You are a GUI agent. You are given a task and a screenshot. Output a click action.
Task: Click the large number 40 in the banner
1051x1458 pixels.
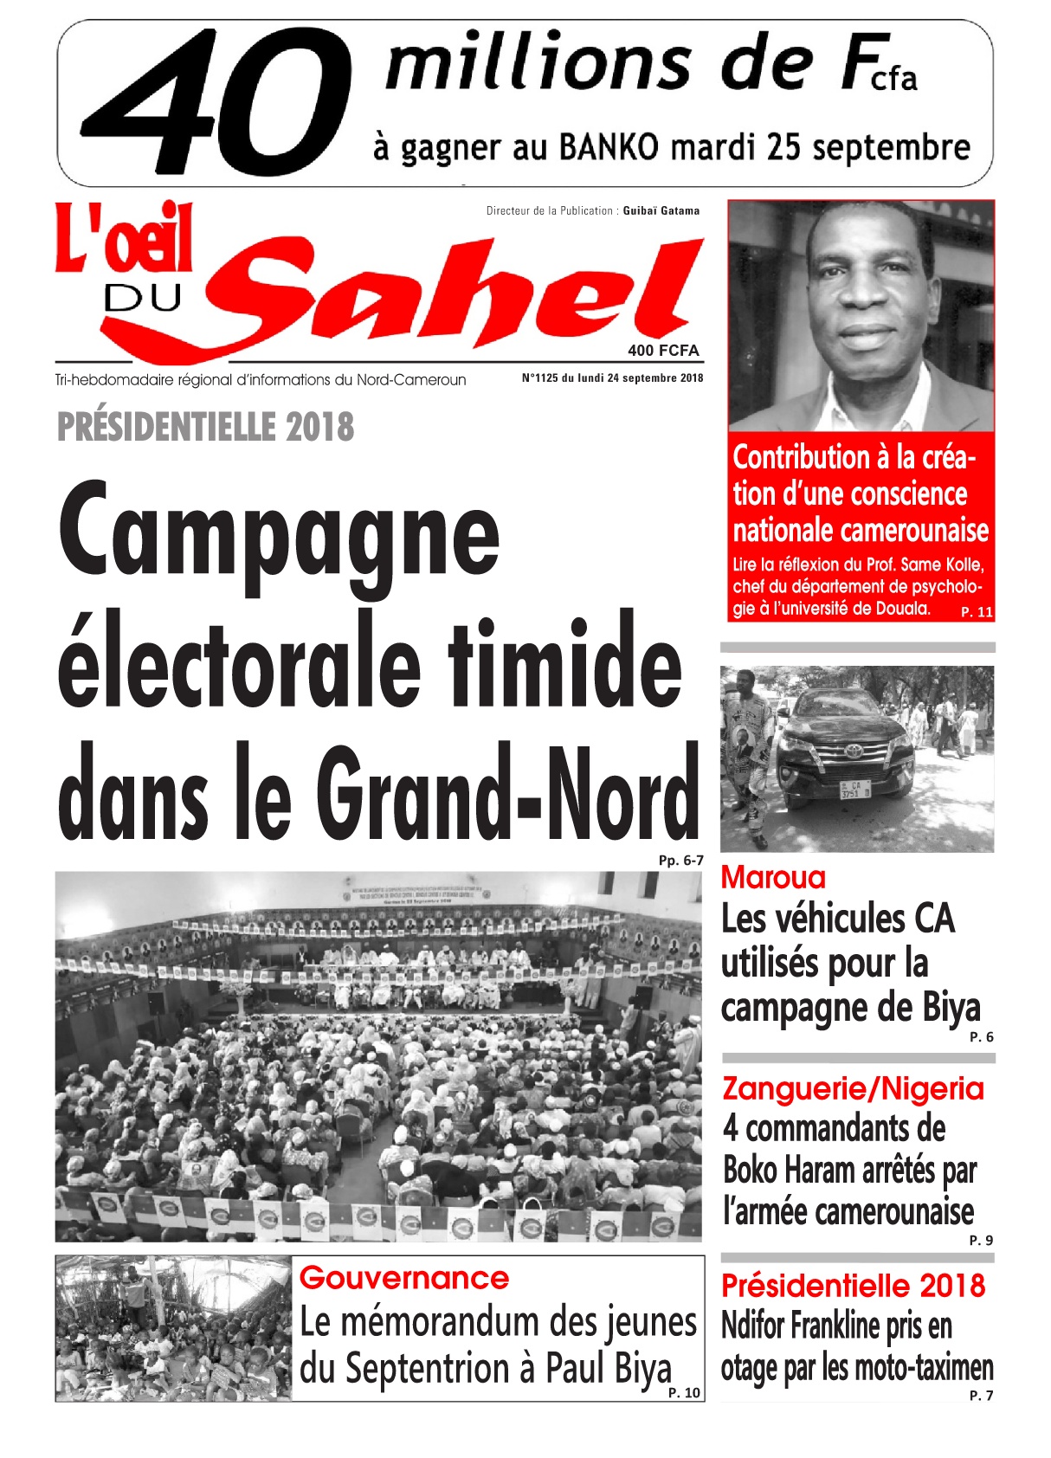pyautogui.click(x=216, y=102)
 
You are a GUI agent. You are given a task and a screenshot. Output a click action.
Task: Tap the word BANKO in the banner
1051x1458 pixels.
pyautogui.click(x=609, y=148)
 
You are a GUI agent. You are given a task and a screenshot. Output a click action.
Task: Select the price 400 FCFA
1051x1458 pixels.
pyautogui.click(x=663, y=351)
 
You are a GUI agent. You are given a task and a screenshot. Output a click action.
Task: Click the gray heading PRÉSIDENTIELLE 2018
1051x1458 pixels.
pyautogui.click(x=205, y=427)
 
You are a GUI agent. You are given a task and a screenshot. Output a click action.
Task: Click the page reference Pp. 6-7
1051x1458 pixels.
pyautogui.click(x=680, y=860)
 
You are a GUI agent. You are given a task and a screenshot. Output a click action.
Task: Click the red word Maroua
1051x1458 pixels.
pyautogui.click(x=773, y=878)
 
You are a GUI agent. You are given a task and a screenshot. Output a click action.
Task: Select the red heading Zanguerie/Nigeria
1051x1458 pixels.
pyautogui.click(x=853, y=1088)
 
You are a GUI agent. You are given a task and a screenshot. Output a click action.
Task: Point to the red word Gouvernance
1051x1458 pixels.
pyautogui.click(x=403, y=1278)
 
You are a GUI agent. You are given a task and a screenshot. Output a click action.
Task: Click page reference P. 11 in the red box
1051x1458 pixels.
pyautogui.click(x=977, y=612)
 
